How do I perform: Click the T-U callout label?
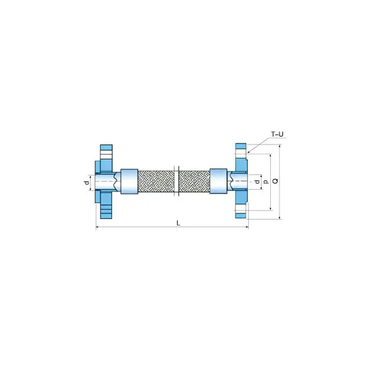click(x=277, y=134)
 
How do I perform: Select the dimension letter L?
click(x=178, y=223)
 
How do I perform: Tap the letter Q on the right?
click(x=276, y=181)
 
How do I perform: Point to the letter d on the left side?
click(x=87, y=183)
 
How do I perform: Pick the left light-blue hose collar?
click(x=129, y=181)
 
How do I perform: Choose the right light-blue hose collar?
click(x=218, y=181)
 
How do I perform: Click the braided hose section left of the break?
click(x=156, y=181)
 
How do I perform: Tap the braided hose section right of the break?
click(x=194, y=181)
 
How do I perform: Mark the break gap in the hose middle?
click(x=176, y=181)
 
